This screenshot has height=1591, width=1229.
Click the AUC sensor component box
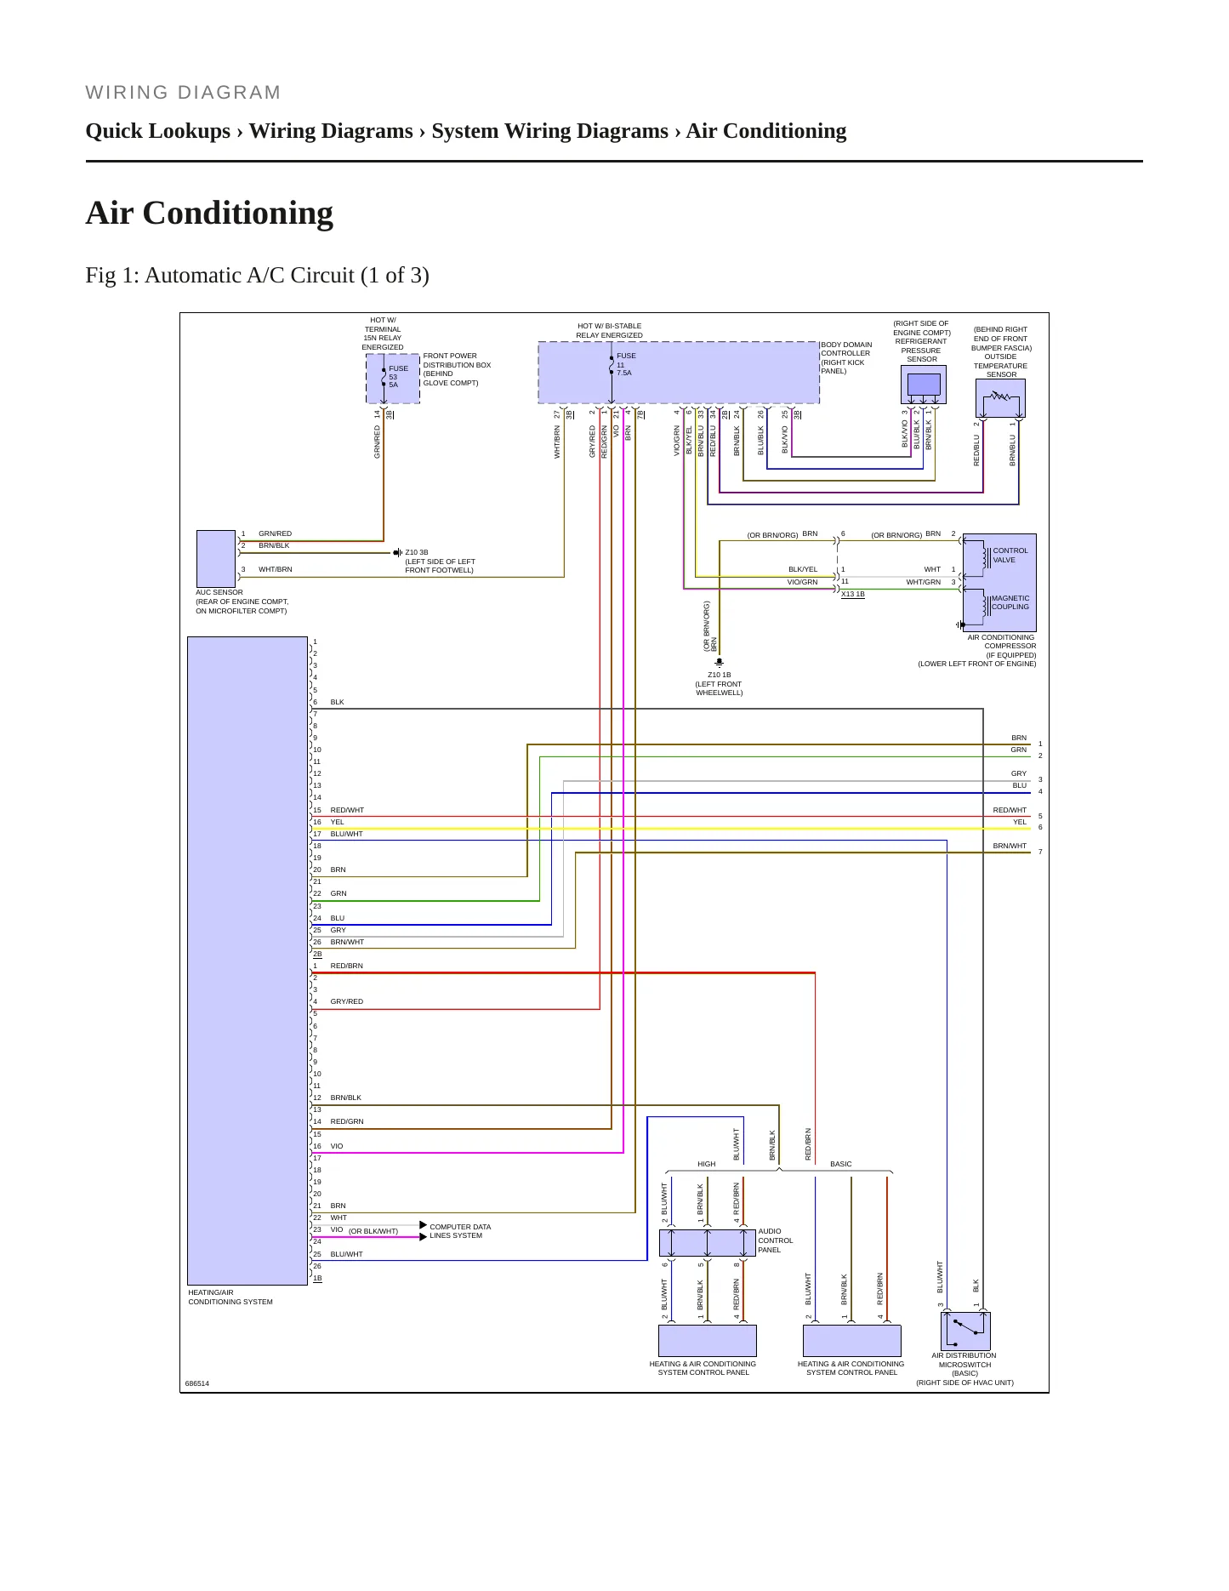tap(216, 558)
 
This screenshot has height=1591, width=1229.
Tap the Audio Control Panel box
tap(708, 1242)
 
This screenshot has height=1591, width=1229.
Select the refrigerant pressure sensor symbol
tap(924, 385)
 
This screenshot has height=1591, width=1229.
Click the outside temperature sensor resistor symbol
tap(1000, 396)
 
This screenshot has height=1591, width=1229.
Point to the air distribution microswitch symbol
tap(965, 1331)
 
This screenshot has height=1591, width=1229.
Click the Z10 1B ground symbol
tap(719, 663)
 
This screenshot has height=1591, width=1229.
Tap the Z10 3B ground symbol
tap(397, 552)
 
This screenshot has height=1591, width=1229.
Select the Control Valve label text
tap(1010, 555)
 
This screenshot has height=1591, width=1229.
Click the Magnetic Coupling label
tap(1010, 602)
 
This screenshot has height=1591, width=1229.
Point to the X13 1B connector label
tap(853, 594)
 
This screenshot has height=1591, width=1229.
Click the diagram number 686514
tap(197, 1383)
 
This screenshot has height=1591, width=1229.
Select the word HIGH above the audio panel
tap(707, 1164)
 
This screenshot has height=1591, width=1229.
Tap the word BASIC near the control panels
tap(841, 1164)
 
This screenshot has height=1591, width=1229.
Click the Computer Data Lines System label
tap(460, 1231)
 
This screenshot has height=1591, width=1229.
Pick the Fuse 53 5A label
tap(398, 377)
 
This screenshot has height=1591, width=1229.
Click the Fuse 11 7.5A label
tap(626, 364)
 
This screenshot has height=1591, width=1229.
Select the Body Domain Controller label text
tap(846, 358)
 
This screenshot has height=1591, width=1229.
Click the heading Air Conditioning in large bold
tap(209, 213)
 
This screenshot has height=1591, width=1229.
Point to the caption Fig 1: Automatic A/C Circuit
tap(257, 276)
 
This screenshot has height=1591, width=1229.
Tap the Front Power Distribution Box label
tap(457, 369)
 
